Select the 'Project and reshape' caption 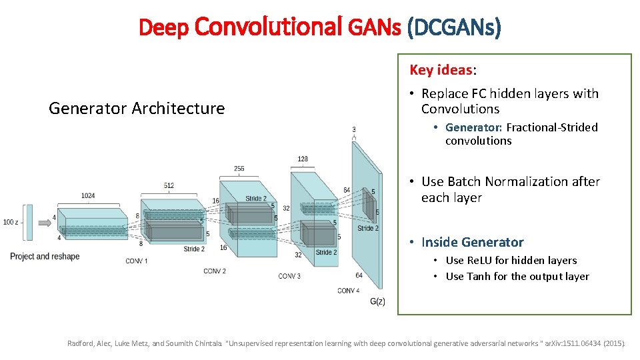tap(45, 257)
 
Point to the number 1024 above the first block tap(88, 196)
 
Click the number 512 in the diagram tap(169, 185)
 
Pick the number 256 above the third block tap(239, 169)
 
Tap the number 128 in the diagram tap(303, 159)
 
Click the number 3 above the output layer tap(353, 129)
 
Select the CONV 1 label tap(137, 261)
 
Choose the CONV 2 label tap(215, 271)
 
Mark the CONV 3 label tap(289, 276)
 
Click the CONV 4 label tap(348, 291)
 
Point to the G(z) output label tap(377, 301)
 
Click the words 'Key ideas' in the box tap(441, 70)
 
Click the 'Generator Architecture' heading tap(137, 108)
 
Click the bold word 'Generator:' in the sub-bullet tap(473, 127)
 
